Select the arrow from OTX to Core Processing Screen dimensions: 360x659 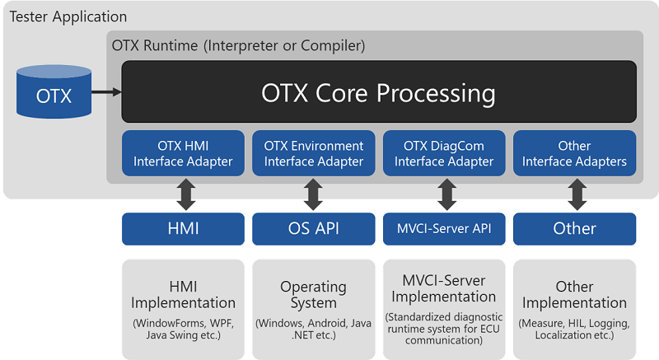(x=106, y=92)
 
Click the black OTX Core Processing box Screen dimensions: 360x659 (x=379, y=91)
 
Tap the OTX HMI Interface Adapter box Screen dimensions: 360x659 (x=183, y=153)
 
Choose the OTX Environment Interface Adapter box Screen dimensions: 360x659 (x=313, y=153)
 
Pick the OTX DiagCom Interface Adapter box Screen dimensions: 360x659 (x=444, y=153)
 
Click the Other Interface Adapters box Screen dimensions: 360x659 (x=574, y=153)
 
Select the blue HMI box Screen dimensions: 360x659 (x=183, y=228)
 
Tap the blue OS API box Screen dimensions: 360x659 (x=313, y=228)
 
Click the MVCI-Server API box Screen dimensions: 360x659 (x=444, y=228)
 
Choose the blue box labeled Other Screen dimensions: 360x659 (x=574, y=228)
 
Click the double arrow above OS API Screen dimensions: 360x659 (x=313, y=194)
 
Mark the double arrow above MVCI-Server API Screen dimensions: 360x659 (x=446, y=194)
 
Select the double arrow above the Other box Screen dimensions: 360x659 (x=577, y=194)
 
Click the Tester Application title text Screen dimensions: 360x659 (x=68, y=16)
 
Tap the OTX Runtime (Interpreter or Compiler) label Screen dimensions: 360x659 (x=238, y=45)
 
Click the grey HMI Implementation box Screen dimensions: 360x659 (x=183, y=309)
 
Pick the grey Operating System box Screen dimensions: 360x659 (x=313, y=309)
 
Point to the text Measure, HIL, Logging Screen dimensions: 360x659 (x=574, y=323)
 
